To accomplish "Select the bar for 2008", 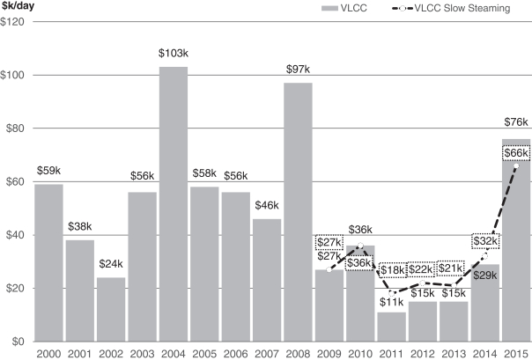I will point(298,211).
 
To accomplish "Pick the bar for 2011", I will point(391,327).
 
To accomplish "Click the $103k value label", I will point(174,55).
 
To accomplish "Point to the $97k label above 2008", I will point(298,70).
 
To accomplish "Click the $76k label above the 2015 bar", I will point(515,123).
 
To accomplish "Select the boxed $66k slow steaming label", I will point(515,152).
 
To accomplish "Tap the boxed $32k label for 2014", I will point(485,240).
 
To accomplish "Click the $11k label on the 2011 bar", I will point(391,302).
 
